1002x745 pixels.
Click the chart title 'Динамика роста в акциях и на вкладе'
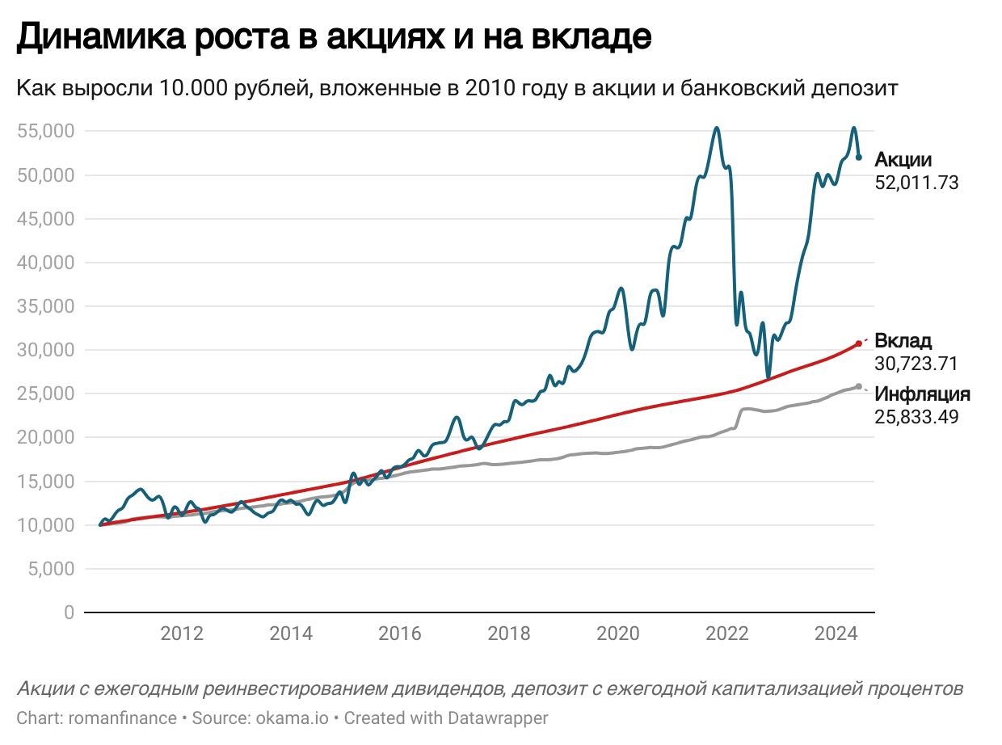(333, 37)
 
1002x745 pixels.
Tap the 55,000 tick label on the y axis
(46, 131)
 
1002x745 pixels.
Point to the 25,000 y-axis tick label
(46, 394)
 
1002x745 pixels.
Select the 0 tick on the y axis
(69, 612)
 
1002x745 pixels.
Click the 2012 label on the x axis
(182, 633)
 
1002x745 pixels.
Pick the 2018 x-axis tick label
(509, 633)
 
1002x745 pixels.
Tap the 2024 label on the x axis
(836, 633)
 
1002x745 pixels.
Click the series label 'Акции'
(903, 160)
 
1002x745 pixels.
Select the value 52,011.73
(916, 183)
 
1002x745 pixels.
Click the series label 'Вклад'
(903, 340)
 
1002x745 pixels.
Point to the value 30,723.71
(916, 363)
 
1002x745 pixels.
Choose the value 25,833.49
(916, 417)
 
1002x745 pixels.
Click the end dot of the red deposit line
(858, 343)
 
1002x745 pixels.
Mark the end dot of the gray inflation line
(858, 386)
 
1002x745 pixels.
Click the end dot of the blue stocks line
(859, 157)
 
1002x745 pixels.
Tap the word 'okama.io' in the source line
(292, 718)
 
